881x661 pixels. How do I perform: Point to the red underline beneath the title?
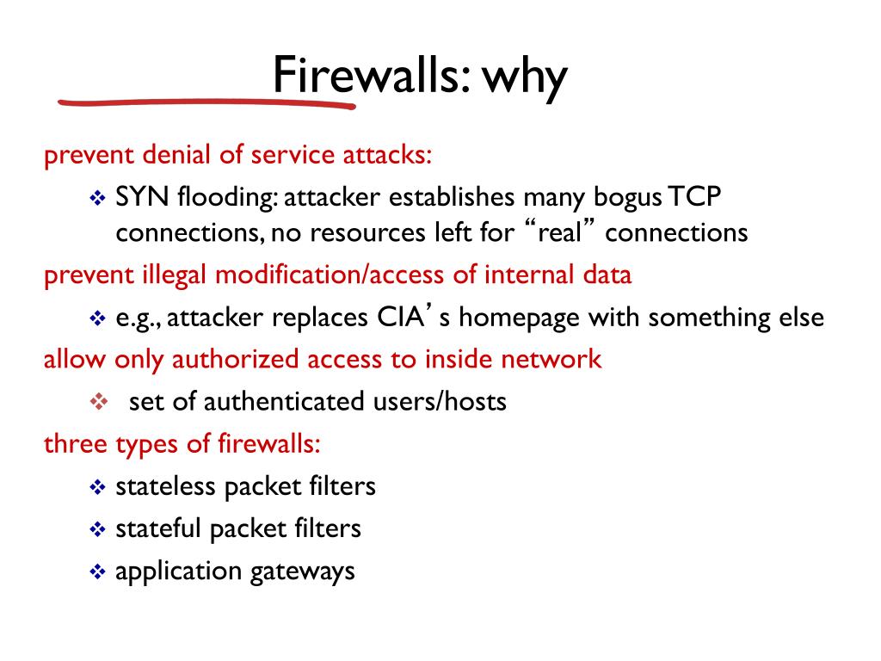click(206, 102)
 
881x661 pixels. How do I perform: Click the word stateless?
click(165, 486)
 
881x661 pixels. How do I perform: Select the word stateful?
click(158, 528)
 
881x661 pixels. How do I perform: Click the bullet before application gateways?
click(97, 571)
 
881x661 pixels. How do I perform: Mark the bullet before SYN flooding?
click(97, 198)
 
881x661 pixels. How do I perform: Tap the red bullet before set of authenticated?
click(97, 401)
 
